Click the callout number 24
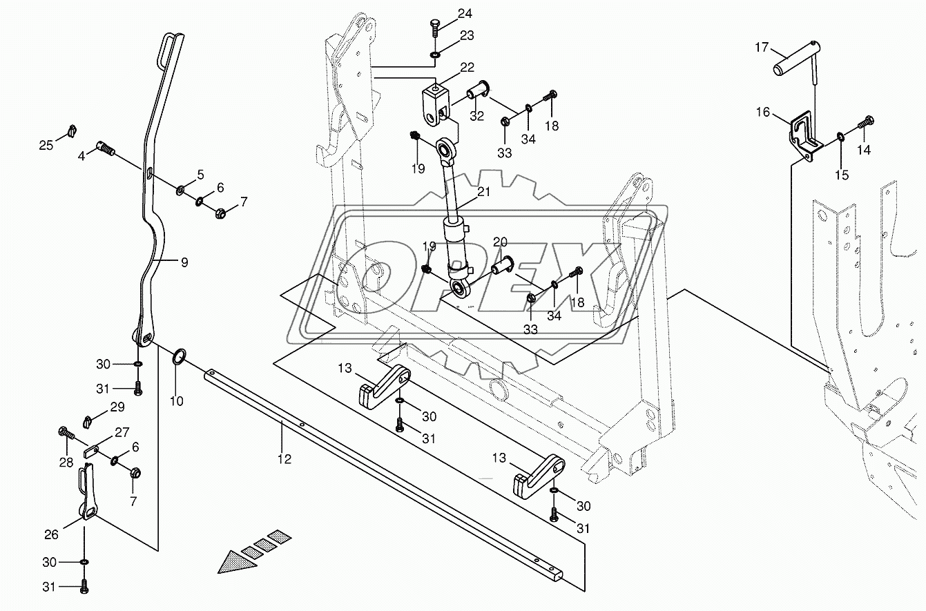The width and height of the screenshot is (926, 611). point(465,13)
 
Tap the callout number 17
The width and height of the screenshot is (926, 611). point(761,47)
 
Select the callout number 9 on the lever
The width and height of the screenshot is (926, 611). point(184,262)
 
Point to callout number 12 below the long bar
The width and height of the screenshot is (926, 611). point(284,458)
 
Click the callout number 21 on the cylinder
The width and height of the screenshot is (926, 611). point(483,192)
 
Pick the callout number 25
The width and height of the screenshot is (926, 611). point(46,145)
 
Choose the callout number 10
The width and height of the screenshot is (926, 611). point(177,400)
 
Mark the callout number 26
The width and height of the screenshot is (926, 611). point(52,534)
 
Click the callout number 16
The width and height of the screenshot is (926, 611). point(762,113)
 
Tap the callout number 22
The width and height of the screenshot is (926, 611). point(467,67)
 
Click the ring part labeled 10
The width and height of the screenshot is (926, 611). point(177,356)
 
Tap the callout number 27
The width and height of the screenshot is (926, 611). point(122,433)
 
